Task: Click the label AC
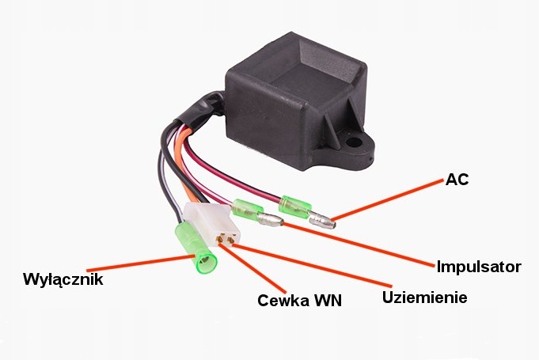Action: click(x=457, y=179)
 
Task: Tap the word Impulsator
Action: click(x=479, y=267)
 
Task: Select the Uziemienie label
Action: click(x=425, y=297)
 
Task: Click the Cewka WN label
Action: click(x=300, y=301)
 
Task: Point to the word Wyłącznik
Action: click(x=63, y=279)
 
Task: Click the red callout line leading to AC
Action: click(x=388, y=199)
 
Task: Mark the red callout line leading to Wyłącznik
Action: click(x=135, y=263)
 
